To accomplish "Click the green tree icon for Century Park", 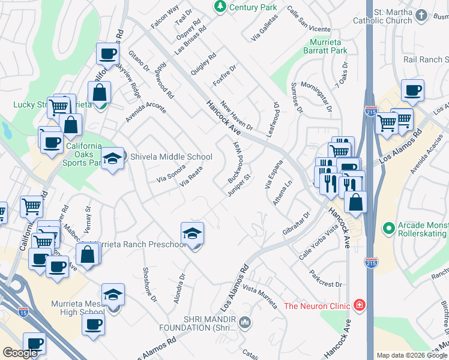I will pos(220,7).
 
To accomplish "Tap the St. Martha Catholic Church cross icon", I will pos(422,15).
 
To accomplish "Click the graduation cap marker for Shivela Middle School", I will pos(112,158).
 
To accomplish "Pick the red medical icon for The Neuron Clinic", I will pos(359,305).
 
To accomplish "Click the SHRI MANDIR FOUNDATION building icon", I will pos(244,323).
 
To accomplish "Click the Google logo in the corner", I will pos(20,353).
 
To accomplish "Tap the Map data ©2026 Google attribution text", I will pos(411,355).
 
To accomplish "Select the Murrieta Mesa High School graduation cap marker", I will pos(112,295).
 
